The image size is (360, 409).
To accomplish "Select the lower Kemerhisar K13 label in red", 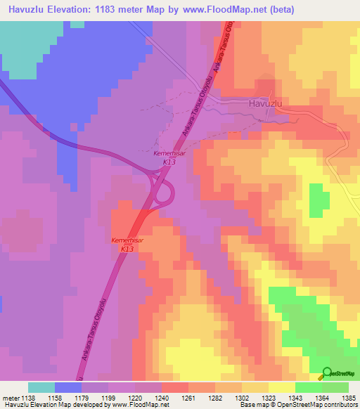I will [127, 245].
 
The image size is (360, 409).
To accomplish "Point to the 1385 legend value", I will [348, 398].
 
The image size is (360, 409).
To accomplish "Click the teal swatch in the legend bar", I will [41, 387].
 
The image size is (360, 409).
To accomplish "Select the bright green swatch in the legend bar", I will [308, 387].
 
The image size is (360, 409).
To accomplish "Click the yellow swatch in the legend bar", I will [281, 387].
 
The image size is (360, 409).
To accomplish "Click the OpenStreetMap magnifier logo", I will [327, 372].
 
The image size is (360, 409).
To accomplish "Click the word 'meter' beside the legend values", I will [10, 398].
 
